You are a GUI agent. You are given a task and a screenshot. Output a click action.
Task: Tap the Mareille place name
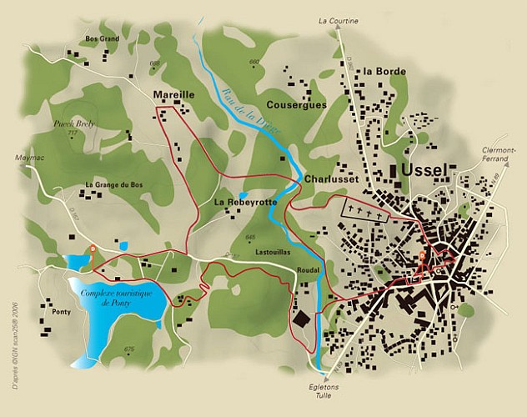point(174,95)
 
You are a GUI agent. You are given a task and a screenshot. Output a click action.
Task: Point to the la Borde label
point(384,72)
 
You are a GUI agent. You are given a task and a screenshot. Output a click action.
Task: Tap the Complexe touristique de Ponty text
point(116,298)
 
